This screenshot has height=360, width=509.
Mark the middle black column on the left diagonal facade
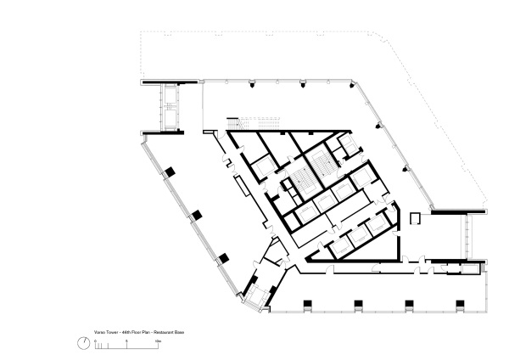click(195, 214)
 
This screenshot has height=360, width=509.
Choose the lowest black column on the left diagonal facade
click(220, 256)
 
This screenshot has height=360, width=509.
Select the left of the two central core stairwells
click(299, 180)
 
